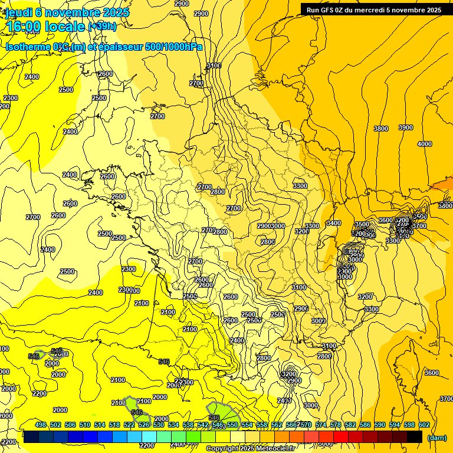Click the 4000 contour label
(x=424, y=144)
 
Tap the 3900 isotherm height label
(x=405, y=127)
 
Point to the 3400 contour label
(x=333, y=223)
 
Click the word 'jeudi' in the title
(x=17, y=12)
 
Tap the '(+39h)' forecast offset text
(x=102, y=27)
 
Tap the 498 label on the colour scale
(x=41, y=425)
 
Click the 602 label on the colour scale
(x=424, y=425)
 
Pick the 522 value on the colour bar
(x=129, y=425)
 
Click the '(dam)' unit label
(x=436, y=437)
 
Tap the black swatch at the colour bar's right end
(x=415, y=436)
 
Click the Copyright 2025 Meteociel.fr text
(x=250, y=449)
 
